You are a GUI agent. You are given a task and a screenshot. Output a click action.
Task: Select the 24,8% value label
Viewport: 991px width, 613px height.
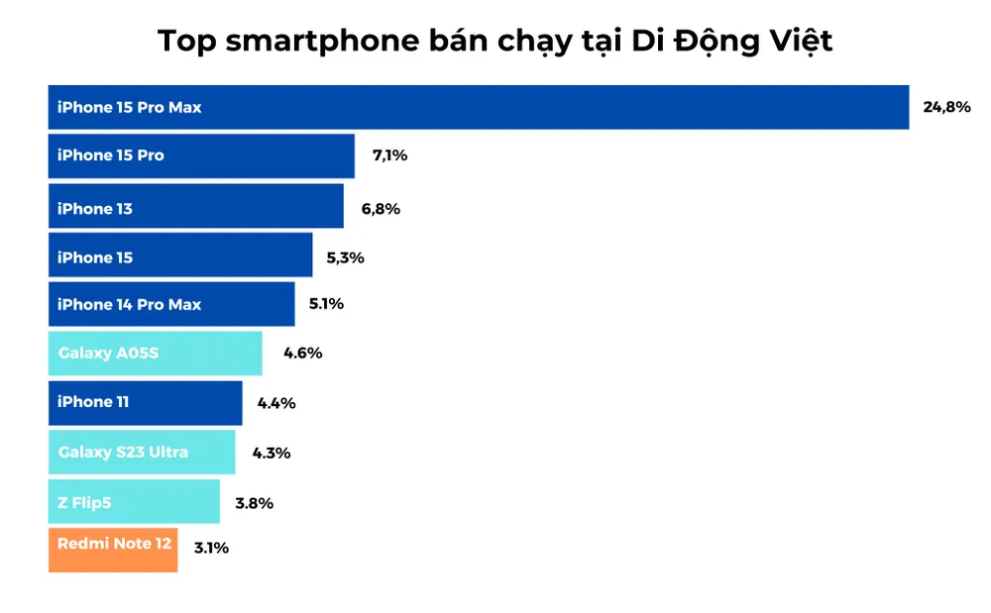(x=946, y=107)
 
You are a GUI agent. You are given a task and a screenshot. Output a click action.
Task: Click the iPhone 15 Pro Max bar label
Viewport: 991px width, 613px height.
(x=129, y=107)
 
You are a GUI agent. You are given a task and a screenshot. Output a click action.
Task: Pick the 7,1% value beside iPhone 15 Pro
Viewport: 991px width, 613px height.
(x=389, y=155)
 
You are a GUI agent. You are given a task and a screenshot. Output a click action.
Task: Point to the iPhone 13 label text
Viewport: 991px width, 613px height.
(x=94, y=209)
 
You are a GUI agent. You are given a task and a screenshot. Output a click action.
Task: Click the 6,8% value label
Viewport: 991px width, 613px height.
(x=381, y=209)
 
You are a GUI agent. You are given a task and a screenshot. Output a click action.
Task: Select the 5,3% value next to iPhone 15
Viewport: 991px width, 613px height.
(x=345, y=257)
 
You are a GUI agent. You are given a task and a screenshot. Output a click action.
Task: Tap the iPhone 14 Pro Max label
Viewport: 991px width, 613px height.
(x=129, y=304)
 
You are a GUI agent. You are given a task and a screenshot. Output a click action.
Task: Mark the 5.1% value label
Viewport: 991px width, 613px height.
(x=325, y=304)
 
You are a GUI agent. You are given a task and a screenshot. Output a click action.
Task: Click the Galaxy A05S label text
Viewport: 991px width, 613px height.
(x=108, y=353)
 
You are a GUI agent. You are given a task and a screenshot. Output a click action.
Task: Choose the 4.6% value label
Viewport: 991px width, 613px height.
(x=302, y=353)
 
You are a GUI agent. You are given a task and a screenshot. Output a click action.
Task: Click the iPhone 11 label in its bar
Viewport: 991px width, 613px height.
(x=93, y=401)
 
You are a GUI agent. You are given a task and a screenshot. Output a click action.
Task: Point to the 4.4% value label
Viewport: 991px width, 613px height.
(x=276, y=402)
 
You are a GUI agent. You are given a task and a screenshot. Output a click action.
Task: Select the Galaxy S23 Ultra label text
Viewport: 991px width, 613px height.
(x=123, y=452)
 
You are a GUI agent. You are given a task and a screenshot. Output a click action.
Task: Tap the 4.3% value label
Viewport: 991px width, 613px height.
(x=271, y=453)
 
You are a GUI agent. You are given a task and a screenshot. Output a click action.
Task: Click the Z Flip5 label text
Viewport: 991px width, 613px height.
(x=84, y=502)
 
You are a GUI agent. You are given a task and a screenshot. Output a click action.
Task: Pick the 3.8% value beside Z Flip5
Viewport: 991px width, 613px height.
(x=254, y=502)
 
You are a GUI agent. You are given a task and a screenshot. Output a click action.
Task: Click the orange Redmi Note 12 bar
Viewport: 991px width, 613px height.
(x=113, y=550)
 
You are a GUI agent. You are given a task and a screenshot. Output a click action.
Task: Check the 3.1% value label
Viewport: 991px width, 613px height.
(x=210, y=547)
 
